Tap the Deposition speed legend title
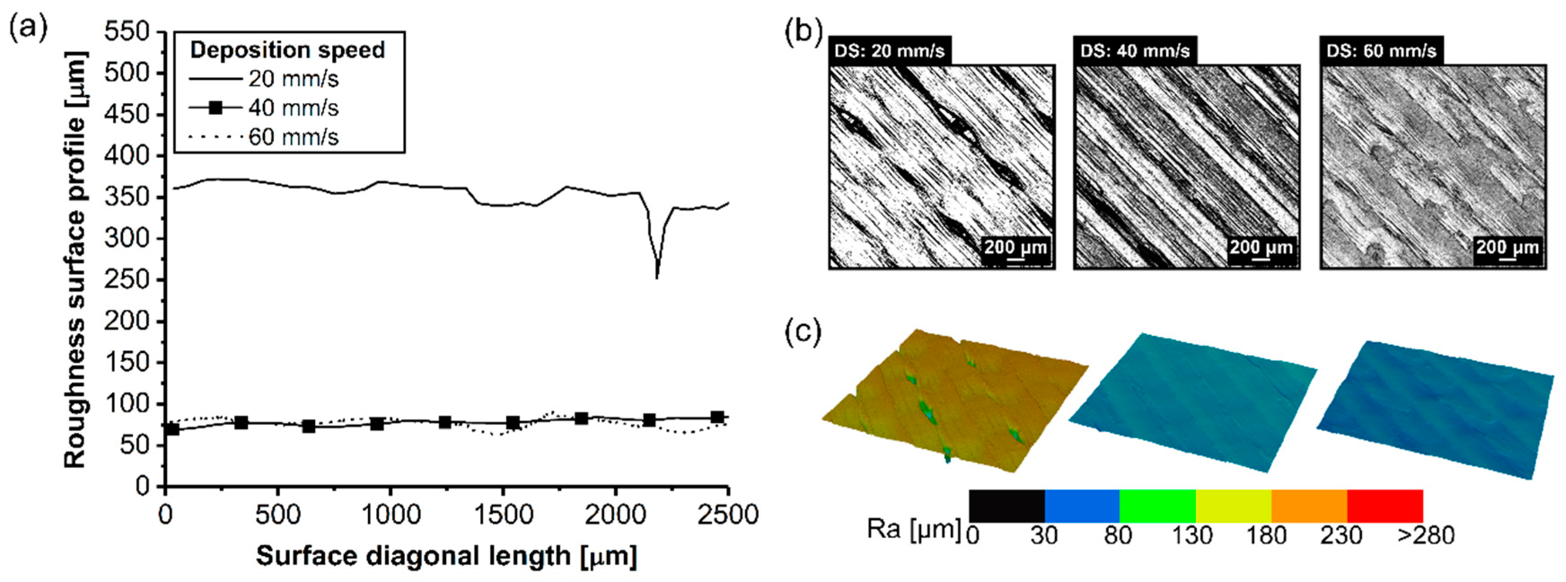point(288,50)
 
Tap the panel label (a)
point(28,29)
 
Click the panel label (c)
point(803,332)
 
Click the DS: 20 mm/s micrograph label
point(890,50)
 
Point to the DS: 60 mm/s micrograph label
point(1381,50)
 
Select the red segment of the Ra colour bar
point(1385,505)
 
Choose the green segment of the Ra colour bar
point(1157,505)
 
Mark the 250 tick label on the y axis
point(127,280)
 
